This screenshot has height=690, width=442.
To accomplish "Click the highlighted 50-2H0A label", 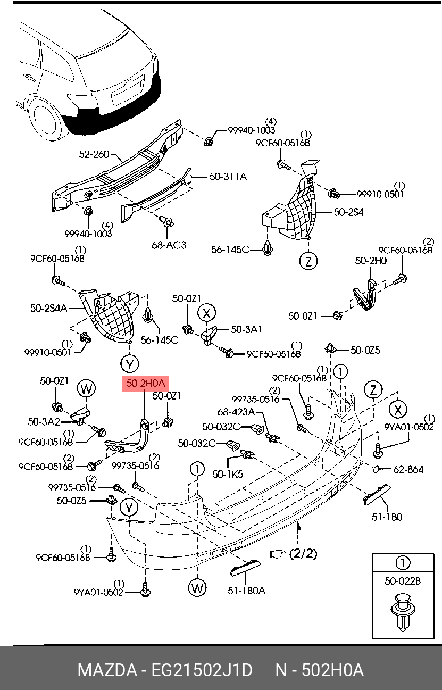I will point(145,383).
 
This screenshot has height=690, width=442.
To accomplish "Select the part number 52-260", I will point(94,154).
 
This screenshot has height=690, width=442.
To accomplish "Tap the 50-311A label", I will point(228,177).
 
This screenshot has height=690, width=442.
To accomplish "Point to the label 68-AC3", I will point(169,245).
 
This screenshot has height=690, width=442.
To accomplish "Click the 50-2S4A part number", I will point(48,307).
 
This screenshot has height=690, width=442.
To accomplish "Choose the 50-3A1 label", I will point(246,330).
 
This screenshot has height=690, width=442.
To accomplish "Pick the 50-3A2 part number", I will point(43,422).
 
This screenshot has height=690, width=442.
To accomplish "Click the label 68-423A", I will point(236,412).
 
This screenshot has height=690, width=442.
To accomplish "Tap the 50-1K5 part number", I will point(227,473).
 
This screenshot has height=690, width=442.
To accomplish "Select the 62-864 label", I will point(408,469).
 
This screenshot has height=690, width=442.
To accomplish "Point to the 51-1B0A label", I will point(246,591).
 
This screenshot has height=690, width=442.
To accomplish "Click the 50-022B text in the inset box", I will point(403,581).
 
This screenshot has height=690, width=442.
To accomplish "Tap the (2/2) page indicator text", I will point(303,554).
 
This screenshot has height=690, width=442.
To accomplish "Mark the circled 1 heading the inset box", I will point(403,563).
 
